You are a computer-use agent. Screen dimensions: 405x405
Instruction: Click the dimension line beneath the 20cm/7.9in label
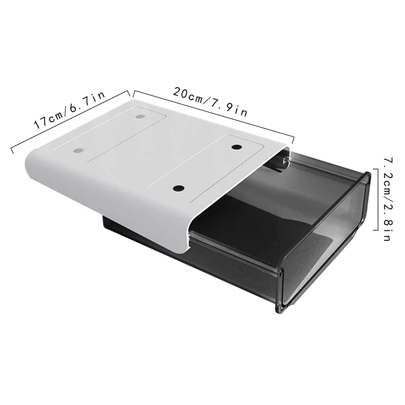[x=213, y=114]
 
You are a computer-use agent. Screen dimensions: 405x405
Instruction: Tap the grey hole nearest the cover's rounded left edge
[x=78, y=151]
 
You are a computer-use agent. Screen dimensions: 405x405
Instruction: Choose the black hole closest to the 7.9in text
[x=237, y=147]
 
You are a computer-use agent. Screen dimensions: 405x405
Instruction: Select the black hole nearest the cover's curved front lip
[x=177, y=188]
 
